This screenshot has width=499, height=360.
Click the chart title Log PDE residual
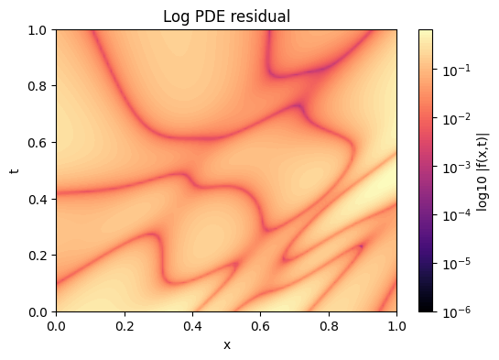(x=226, y=16)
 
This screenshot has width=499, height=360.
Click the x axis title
(x=226, y=344)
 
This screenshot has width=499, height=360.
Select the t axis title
(x=15, y=170)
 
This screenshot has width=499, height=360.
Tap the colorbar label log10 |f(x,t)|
(x=482, y=170)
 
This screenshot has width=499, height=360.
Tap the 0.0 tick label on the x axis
(x=57, y=326)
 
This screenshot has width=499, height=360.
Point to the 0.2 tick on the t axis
(x=39, y=256)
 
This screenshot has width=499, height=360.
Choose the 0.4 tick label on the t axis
(x=39, y=199)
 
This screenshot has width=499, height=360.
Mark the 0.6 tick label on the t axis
(x=39, y=143)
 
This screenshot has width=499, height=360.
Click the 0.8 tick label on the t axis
(x=39, y=86)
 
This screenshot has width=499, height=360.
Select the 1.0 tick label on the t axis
(x=39, y=30)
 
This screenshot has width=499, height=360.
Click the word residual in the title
(x=262, y=16)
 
